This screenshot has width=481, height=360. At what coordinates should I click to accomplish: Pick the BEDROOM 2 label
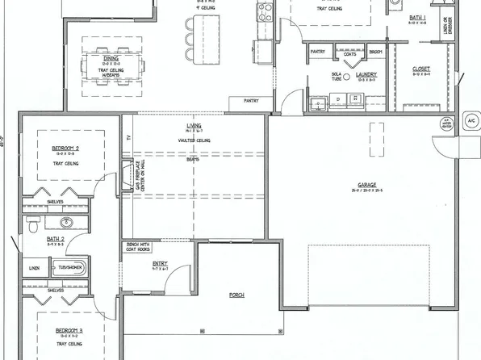pos(64,149)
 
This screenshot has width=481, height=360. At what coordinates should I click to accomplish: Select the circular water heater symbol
pos(443,123)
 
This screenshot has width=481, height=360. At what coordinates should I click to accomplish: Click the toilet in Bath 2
pos(32,224)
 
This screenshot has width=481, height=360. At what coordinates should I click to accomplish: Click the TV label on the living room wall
pos(128,137)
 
